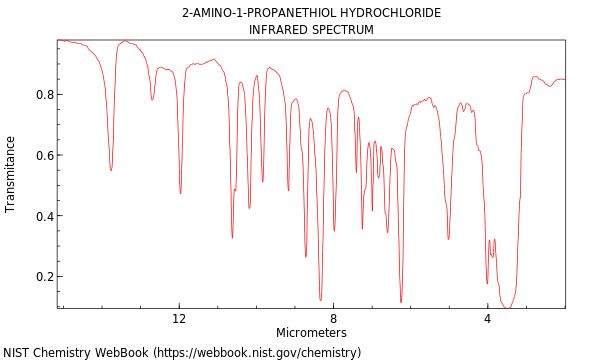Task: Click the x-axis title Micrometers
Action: [311, 333]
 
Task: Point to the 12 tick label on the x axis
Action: [179, 319]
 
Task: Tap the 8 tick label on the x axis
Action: [333, 319]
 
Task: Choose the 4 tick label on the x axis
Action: [487, 319]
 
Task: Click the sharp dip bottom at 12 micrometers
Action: [180, 192]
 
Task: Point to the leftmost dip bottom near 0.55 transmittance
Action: [111, 170]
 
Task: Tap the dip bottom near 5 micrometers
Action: [448, 239]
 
